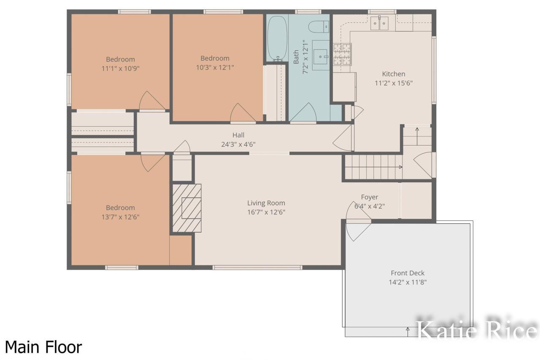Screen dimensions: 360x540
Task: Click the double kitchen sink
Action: pos(379,24)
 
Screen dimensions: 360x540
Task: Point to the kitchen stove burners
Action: pos(342,54)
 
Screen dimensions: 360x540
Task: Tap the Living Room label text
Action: pos(266,203)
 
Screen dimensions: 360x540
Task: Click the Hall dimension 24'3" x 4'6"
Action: pos(238,144)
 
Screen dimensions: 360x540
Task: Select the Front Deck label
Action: pos(408,273)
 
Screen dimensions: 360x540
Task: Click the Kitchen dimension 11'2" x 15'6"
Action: pos(393,83)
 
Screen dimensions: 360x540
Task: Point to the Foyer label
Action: pos(370,197)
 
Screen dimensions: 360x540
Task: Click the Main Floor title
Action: pos(43,347)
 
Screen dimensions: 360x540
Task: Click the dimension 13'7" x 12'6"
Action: pos(120,217)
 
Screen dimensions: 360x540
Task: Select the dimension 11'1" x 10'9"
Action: pos(120,68)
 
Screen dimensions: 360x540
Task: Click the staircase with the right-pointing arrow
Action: pos(371,167)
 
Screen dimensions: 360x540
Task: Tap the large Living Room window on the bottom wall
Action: pos(257,267)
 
